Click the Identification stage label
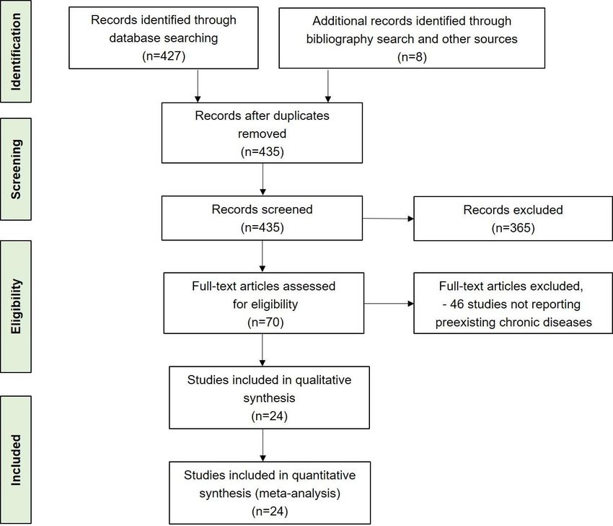(16, 52)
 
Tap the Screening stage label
(16, 170)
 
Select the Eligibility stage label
(16, 307)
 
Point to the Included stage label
(16, 460)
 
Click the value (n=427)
(164, 56)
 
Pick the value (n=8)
(412, 57)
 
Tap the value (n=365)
(513, 227)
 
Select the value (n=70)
(265, 322)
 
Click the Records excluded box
(513, 218)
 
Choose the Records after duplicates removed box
(262, 133)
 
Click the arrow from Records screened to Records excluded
(388, 219)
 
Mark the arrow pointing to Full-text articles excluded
(389, 304)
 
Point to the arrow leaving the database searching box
(198, 86)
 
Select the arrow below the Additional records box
(328, 86)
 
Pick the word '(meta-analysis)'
(298, 493)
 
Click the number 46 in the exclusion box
(457, 304)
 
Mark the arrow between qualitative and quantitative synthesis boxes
(263, 445)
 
